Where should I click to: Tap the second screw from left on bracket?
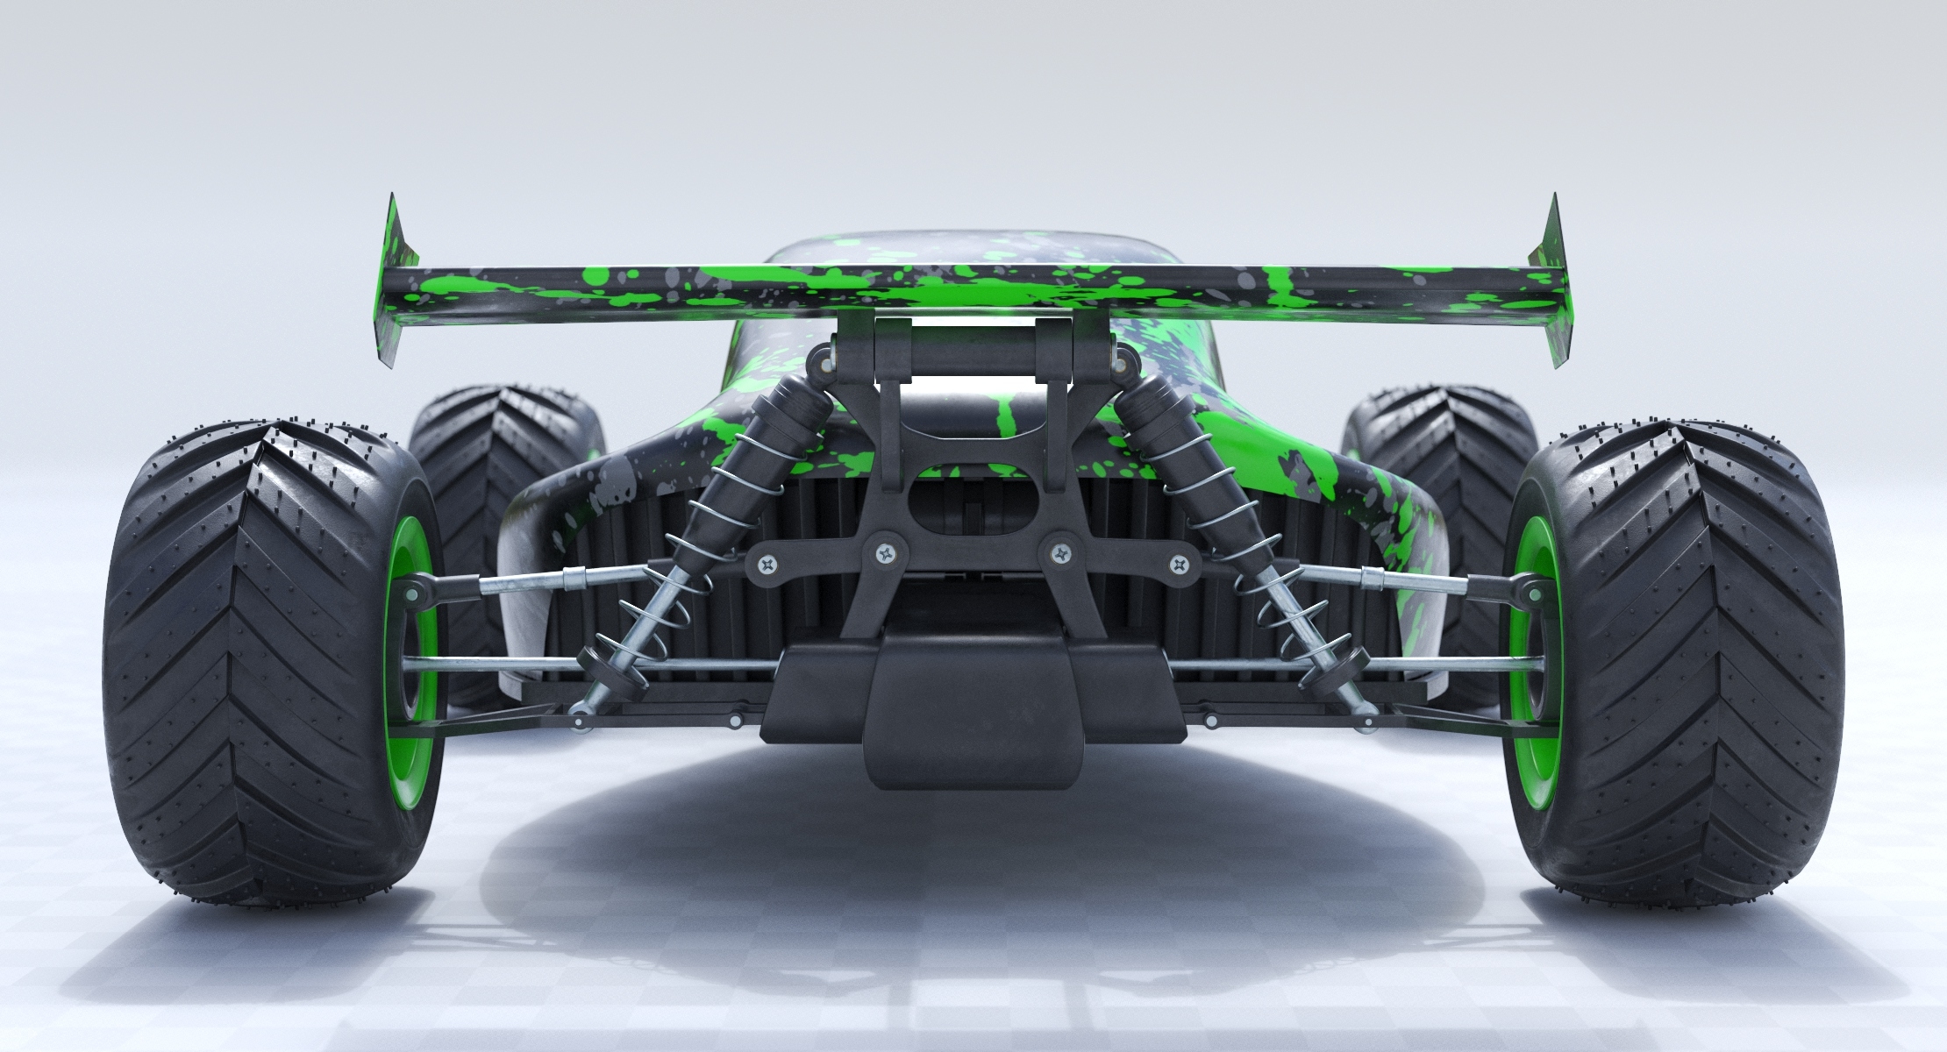885,552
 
